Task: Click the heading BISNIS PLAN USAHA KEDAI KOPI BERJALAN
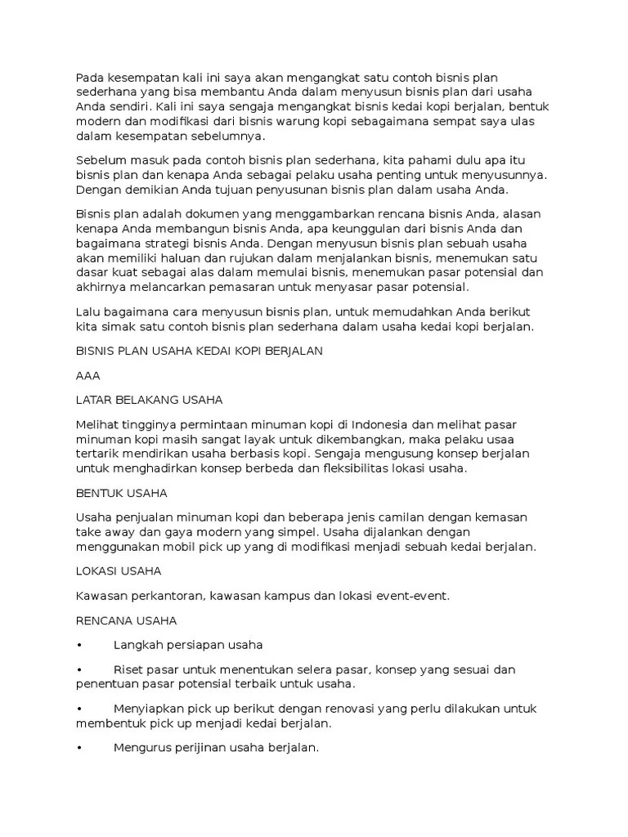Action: coord(200,351)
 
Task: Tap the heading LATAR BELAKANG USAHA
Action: coord(149,400)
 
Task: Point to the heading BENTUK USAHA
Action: coord(121,494)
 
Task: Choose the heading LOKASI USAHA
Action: coord(119,571)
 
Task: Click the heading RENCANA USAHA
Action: coord(125,620)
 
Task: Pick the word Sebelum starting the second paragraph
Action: coord(101,160)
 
